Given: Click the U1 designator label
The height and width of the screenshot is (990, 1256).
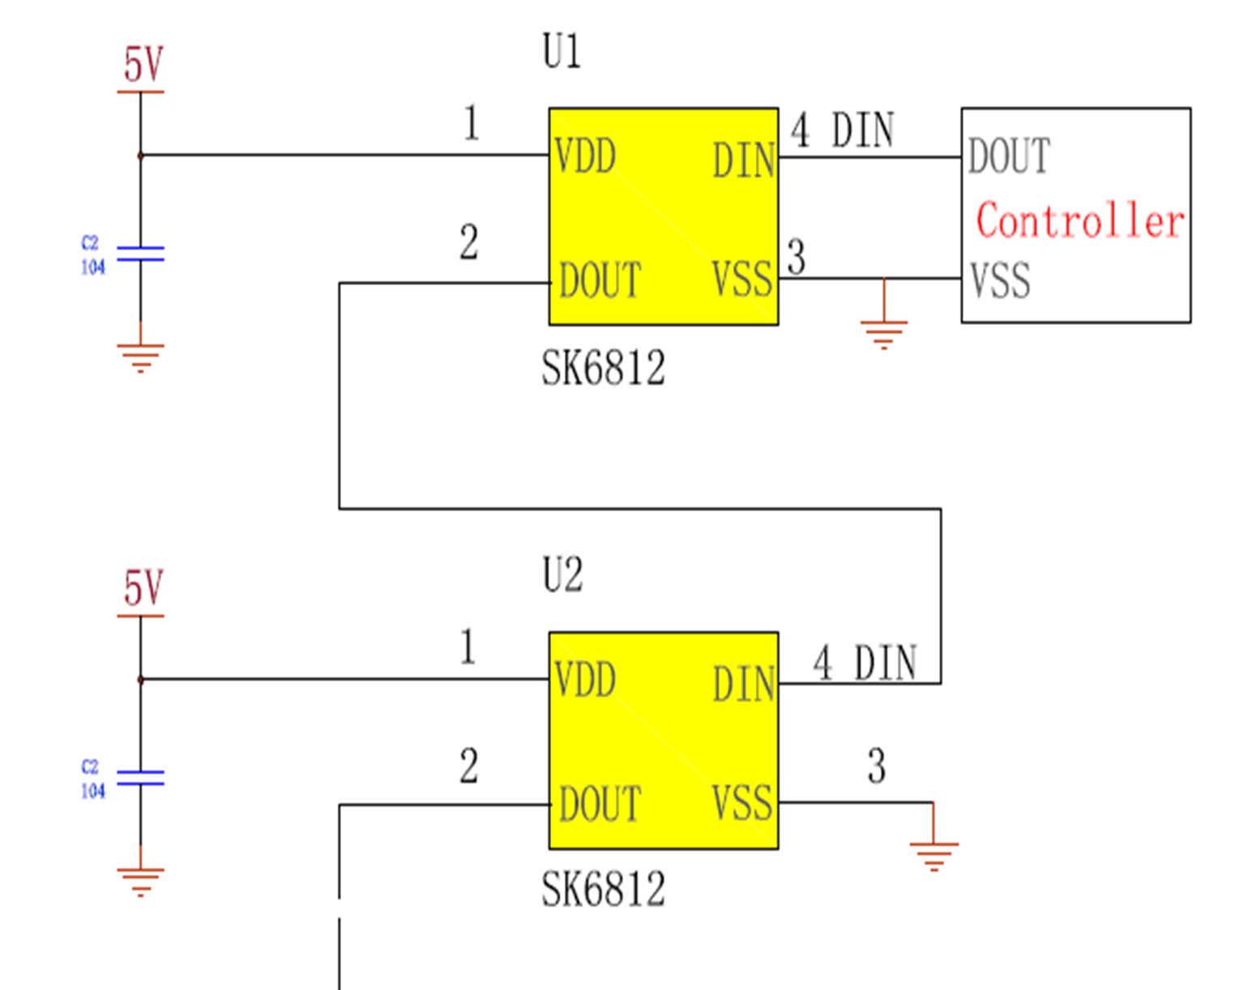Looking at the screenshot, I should click(x=562, y=53).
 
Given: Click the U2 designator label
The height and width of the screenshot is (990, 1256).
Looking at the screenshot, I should click(x=562, y=576).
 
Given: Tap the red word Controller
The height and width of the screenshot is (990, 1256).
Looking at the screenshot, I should click(x=1079, y=221).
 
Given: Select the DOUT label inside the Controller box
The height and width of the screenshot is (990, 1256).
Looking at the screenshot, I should click(x=1009, y=156).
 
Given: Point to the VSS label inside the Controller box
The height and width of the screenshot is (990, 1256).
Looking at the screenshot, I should click(x=1000, y=281).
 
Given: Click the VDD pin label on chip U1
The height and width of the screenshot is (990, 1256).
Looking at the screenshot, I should click(x=585, y=156).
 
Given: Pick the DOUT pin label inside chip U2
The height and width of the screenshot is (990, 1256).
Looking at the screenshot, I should click(x=600, y=804).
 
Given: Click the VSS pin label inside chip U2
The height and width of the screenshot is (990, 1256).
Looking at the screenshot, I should click(x=742, y=803).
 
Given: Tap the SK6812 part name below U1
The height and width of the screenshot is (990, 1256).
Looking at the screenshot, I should click(x=603, y=369).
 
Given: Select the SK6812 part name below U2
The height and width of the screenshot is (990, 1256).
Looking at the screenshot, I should click(x=603, y=890).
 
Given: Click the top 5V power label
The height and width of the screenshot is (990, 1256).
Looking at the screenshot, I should click(x=143, y=65).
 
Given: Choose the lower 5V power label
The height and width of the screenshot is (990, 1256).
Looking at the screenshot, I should click(x=143, y=588).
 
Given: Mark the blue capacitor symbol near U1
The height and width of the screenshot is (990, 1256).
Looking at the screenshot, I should click(x=140, y=254).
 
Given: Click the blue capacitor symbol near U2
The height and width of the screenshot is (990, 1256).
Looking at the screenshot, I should click(x=140, y=779).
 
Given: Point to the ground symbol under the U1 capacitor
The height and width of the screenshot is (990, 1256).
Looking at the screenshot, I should click(x=140, y=356).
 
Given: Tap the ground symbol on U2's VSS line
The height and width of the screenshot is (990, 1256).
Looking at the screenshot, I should click(x=933, y=854).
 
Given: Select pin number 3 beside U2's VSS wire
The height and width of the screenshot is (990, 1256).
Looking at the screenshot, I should click(x=876, y=766).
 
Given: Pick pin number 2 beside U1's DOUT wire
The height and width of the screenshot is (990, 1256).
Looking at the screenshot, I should click(x=468, y=243).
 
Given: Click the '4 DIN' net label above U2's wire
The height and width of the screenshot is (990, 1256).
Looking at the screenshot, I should click(x=865, y=664).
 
